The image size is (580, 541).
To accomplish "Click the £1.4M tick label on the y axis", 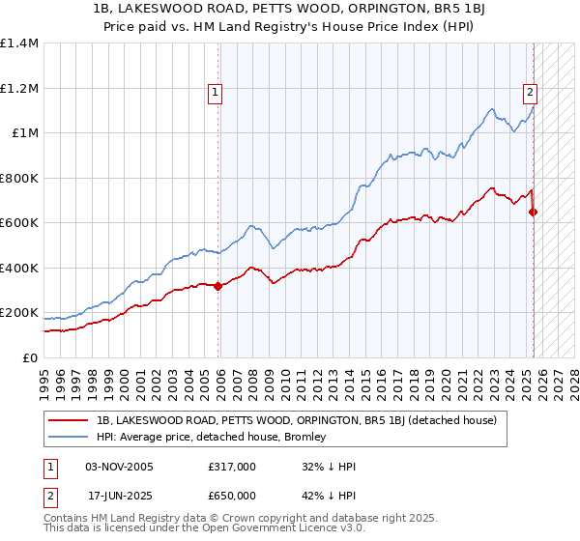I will (19, 43).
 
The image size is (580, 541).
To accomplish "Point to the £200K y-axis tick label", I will (19, 313).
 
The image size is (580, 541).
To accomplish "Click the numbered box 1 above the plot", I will (214, 93).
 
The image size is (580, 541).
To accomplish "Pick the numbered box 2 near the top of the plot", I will (531, 93).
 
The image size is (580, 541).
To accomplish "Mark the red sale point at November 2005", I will (218, 286).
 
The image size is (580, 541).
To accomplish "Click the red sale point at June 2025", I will (534, 212).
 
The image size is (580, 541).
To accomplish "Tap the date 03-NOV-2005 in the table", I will (119, 467).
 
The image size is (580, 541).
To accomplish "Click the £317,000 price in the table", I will (231, 467).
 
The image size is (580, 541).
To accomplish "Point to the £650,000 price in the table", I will (231, 496).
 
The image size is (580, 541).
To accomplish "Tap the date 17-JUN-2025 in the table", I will (118, 496).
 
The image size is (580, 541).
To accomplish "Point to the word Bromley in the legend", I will (306, 437).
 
